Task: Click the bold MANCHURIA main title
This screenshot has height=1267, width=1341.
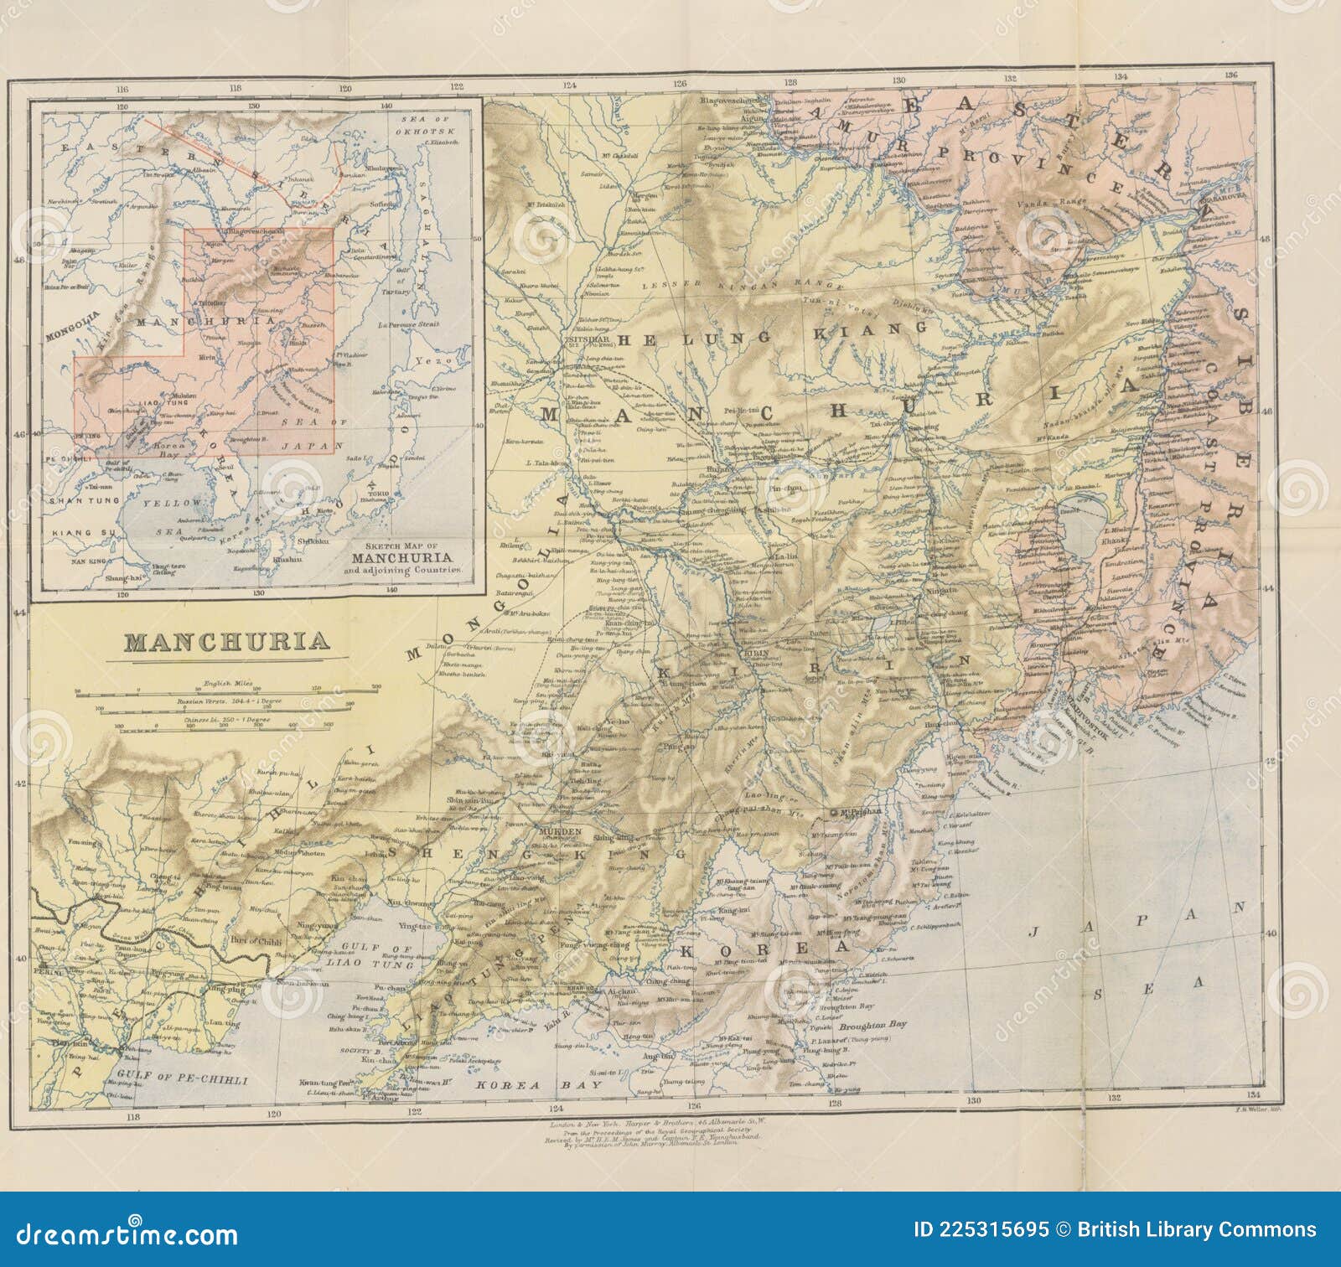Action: (x=226, y=642)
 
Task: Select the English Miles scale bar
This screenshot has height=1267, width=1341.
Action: (x=226, y=692)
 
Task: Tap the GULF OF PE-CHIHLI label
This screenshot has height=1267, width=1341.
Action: (x=182, y=1080)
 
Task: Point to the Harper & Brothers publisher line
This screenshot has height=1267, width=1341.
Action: (x=654, y=1122)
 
